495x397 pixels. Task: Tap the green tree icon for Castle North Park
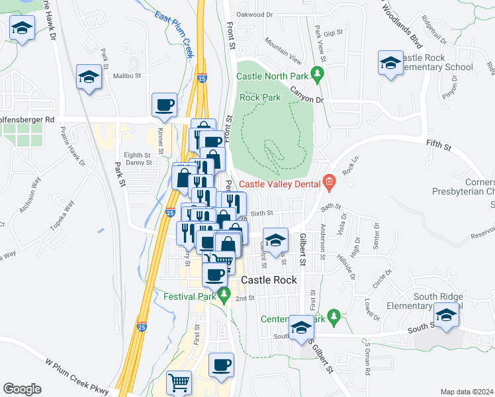(317, 73)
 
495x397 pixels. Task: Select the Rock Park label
(260, 97)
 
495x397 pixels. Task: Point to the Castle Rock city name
(269, 280)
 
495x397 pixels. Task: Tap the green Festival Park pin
(224, 297)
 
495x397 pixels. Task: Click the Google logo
(22, 388)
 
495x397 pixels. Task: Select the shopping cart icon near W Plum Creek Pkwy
(179, 382)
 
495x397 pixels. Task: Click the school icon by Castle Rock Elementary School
(390, 63)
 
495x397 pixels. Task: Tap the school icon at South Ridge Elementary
(447, 315)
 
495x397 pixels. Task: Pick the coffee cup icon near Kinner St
(164, 104)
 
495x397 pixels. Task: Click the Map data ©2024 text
(467, 392)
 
